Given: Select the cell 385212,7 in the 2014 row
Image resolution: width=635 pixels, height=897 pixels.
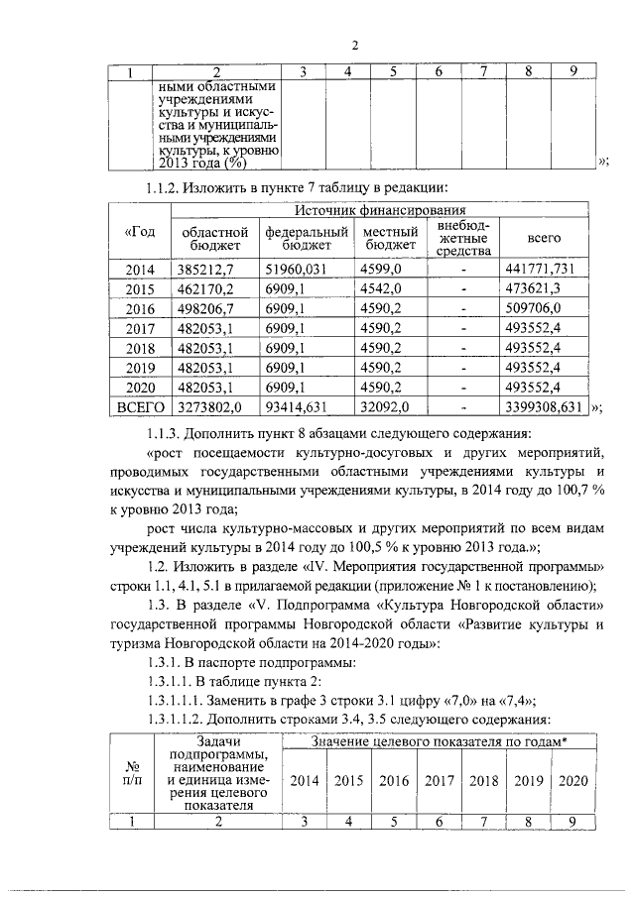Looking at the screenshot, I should point(203,269).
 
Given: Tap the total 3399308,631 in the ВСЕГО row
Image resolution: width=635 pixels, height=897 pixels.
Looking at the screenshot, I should point(541,406).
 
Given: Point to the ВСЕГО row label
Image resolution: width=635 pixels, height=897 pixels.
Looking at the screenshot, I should point(139,406).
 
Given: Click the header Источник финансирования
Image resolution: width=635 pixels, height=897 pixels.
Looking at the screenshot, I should point(381,210).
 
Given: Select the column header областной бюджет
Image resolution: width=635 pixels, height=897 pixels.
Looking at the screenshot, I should point(211,238).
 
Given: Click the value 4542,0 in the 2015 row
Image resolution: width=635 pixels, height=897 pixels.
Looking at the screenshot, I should point(382,288).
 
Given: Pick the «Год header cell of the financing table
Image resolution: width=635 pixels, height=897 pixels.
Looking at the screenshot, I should point(140,232).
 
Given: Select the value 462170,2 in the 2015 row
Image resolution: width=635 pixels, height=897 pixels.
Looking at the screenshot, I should point(203,288).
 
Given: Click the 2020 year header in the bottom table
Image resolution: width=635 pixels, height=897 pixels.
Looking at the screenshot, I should point(573,780).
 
